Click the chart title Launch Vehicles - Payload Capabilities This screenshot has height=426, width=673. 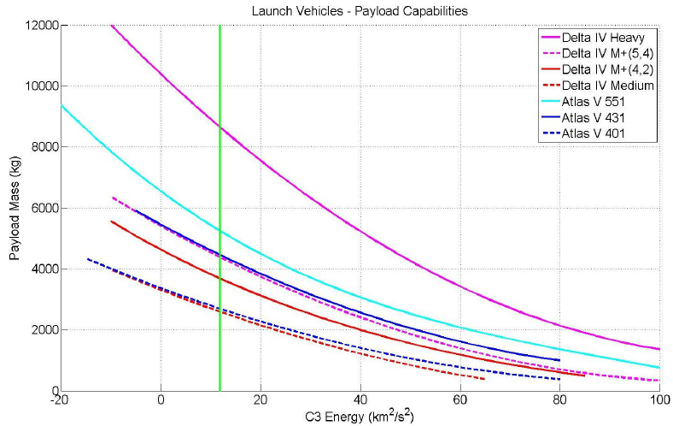pyautogui.click(x=359, y=11)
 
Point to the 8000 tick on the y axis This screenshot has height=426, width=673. pyautogui.click(x=41, y=147)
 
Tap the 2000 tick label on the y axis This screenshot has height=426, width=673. pyautogui.click(x=41, y=330)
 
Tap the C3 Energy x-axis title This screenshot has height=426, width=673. pyautogui.click(x=359, y=417)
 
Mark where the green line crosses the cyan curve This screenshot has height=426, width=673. pyautogui.click(x=220, y=231)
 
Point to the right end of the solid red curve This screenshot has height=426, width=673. pyautogui.click(x=584, y=376)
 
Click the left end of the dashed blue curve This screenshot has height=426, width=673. pyautogui.click(x=88, y=259)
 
